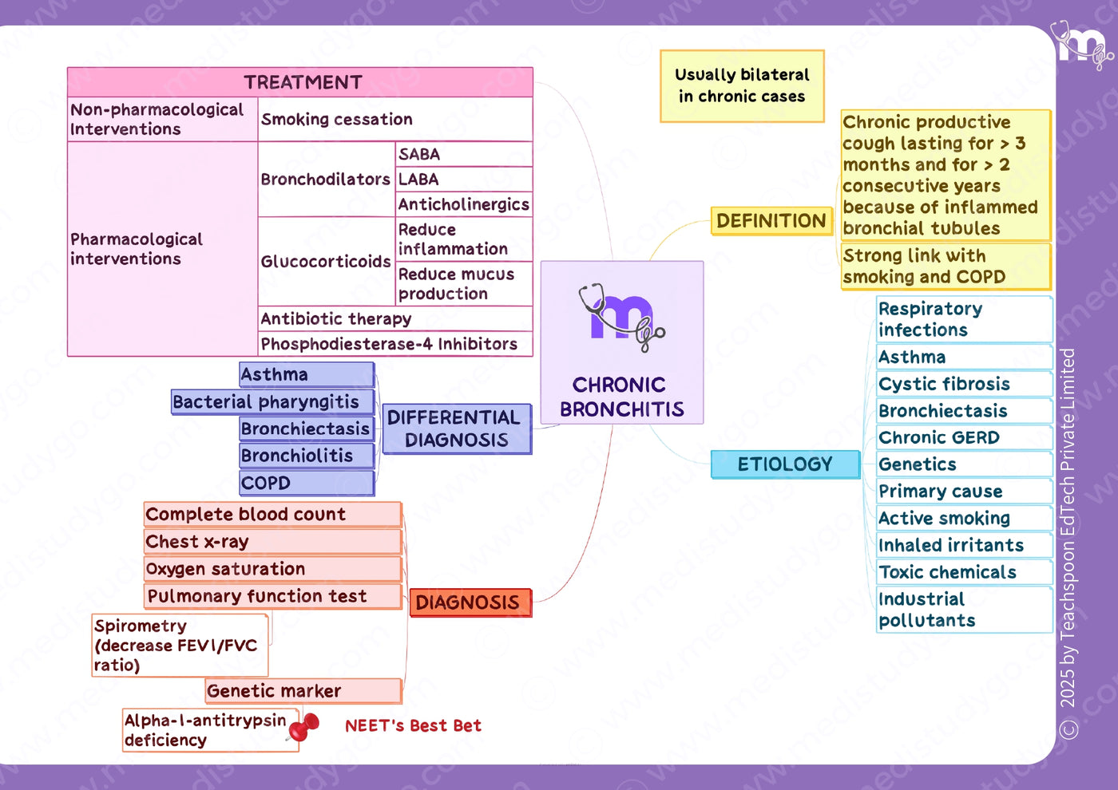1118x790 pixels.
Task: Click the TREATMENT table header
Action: tap(300, 82)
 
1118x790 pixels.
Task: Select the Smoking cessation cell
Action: tap(395, 119)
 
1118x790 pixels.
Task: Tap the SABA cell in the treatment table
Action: tap(464, 154)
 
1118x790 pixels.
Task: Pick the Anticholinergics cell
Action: tap(464, 204)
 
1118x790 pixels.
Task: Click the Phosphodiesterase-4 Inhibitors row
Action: tap(395, 344)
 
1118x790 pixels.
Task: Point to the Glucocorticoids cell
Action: tap(327, 262)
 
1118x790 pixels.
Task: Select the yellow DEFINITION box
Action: tap(771, 221)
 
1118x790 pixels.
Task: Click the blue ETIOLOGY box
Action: tap(785, 464)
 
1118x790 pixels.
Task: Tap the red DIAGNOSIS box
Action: tap(470, 602)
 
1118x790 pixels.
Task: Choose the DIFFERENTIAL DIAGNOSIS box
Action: tap(457, 429)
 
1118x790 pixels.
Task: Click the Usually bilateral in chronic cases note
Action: tap(742, 86)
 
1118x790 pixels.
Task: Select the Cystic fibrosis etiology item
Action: tap(965, 384)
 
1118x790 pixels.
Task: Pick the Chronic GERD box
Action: tap(965, 438)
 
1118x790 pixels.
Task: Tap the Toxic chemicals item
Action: tap(965, 572)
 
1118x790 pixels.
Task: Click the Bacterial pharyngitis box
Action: tap(272, 402)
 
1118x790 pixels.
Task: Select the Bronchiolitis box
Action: tap(307, 456)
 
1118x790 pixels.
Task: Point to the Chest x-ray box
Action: tap(272, 542)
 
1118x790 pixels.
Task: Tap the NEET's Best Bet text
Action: tap(414, 725)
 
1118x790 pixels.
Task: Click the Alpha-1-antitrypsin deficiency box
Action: tap(211, 730)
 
